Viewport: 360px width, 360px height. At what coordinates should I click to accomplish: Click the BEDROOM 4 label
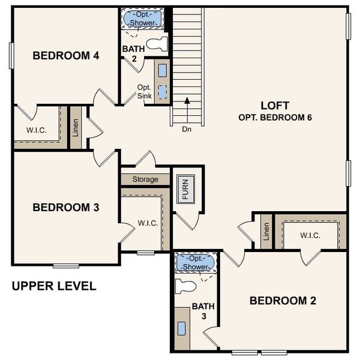(66, 56)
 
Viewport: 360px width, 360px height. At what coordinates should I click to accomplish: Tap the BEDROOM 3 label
(66, 208)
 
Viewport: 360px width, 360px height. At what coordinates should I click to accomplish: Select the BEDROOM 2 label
(283, 301)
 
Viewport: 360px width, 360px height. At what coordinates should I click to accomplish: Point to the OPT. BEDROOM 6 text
(275, 118)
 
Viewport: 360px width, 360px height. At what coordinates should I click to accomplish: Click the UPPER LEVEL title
(54, 286)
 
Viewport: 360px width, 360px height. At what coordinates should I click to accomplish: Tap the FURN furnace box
(186, 190)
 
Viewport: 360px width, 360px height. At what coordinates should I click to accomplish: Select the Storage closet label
(145, 179)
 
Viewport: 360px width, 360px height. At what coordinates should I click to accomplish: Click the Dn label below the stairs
(187, 128)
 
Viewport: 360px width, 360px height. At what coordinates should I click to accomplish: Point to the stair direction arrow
(187, 110)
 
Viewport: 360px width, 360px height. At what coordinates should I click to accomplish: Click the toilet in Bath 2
(157, 43)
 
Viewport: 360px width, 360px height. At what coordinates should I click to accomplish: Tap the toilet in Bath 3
(185, 286)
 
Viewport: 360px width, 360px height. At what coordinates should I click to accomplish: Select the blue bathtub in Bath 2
(143, 19)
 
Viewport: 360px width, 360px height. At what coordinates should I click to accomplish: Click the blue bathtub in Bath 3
(195, 262)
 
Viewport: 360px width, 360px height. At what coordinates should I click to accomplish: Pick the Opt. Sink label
(144, 91)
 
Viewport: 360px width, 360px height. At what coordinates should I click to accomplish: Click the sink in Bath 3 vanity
(182, 328)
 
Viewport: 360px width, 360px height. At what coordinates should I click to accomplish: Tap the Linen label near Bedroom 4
(76, 127)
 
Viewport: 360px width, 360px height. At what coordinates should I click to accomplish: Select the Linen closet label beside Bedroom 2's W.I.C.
(266, 232)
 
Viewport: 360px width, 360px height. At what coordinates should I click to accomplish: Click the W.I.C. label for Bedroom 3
(148, 223)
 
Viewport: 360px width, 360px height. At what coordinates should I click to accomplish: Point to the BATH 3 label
(203, 311)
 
